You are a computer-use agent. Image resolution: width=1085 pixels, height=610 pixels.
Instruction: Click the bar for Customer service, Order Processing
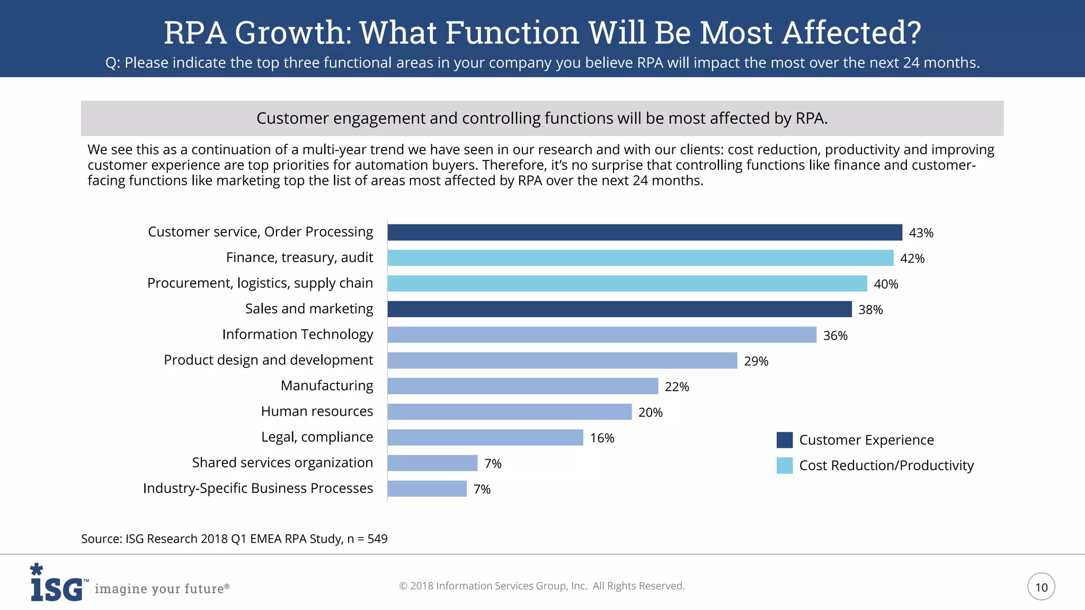tap(644, 232)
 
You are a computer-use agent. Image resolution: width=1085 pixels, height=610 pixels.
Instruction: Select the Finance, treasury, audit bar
tap(640, 258)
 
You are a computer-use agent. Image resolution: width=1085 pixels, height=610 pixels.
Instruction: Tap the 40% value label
tap(886, 284)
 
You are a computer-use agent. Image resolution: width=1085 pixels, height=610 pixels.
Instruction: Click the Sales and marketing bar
tap(619, 309)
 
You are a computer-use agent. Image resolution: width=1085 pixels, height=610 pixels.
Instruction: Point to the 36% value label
tap(835, 336)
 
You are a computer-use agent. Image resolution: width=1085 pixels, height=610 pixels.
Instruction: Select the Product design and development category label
tap(268, 360)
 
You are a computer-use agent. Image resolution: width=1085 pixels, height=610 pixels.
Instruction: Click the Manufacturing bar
tap(522, 386)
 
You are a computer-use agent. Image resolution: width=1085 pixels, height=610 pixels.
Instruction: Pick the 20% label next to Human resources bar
tap(650, 412)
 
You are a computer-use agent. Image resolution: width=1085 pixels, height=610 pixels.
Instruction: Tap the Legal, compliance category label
tap(317, 437)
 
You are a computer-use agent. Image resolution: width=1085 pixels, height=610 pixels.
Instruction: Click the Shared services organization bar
tap(432, 463)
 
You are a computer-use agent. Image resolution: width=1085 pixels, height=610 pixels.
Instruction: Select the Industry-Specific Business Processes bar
tap(427, 489)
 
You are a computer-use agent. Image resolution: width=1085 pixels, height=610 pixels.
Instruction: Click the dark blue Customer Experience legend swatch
tap(784, 440)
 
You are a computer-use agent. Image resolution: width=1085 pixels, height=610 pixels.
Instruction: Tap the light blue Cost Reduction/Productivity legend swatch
tap(784, 465)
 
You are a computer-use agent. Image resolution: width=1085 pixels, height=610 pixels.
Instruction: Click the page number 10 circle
tap(1041, 587)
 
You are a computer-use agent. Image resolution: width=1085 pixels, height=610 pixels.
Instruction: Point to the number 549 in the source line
tap(377, 539)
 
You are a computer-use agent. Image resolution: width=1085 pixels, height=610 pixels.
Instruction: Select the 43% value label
tap(921, 233)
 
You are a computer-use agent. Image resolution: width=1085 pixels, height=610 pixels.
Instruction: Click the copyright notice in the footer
tap(541, 586)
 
